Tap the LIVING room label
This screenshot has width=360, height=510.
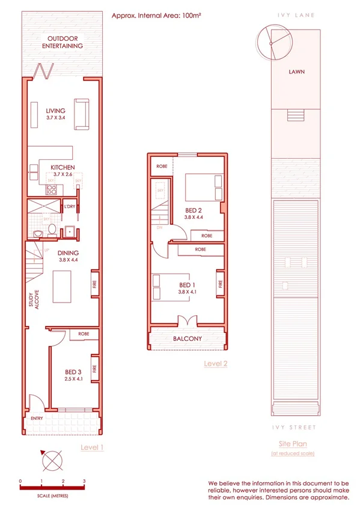point(55,111)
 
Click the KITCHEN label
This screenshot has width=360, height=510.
point(62,167)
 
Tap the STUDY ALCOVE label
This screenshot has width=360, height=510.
point(32,301)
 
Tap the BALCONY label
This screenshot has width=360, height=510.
point(188,339)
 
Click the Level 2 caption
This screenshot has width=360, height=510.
point(215,363)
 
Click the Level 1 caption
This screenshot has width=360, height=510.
point(93,447)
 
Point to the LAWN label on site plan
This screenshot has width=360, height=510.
point(296,72)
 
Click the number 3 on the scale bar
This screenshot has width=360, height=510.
point(84,481)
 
